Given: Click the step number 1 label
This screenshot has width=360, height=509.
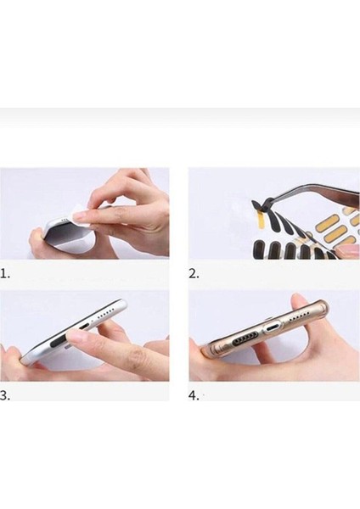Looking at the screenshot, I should [x=5, y=274].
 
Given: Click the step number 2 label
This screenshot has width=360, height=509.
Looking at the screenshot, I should [x=194, y=274].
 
